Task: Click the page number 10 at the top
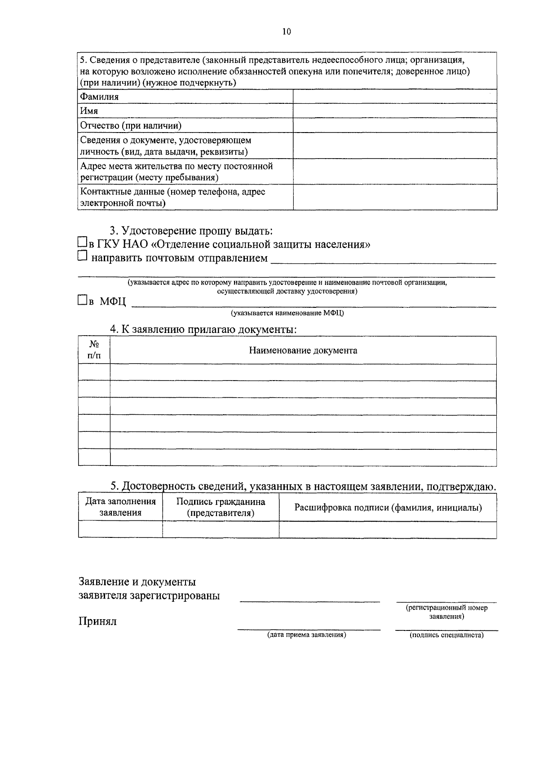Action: click(x=287, y=31)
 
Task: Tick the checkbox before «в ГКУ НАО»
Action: click(x=82, y=242)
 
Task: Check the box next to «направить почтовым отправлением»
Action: click(x=82, y=256)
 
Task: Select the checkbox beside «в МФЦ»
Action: click(x=82, y=300)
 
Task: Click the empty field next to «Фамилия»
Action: click(x=395, y=97)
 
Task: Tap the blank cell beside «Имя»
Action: click(x=395, y=111)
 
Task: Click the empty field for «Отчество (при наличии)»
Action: click(x=395, y=125)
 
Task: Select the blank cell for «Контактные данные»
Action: click(x=395, y=197)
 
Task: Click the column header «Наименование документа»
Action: click(x=303, y=350)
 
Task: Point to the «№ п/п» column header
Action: click(x=94, y=350)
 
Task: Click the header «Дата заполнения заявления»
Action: click(x=120, y=507)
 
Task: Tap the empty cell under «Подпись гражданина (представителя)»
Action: click(x=221, y=530)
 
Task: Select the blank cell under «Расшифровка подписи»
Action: click(x=388, y=530)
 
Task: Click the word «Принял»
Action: click(x=97, y=621)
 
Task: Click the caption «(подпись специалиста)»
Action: click(x=446, y=635)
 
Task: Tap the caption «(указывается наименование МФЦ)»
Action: click(x=287, y=313)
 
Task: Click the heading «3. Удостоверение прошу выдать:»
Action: click(x=191, y=231)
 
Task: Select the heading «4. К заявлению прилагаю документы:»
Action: click(x=203, y=329)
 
